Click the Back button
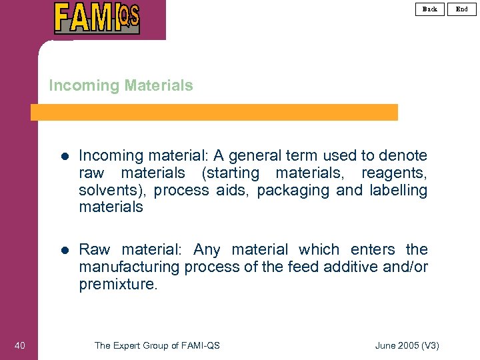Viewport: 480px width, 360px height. tap(430, 9)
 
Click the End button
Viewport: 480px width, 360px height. tap(462, 9)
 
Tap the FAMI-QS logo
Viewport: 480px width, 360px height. tap(97, 18)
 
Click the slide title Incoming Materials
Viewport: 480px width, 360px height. tap(121, 85)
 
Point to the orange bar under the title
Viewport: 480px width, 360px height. tap(214, 112)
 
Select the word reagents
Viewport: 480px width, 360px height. tap(394, 173)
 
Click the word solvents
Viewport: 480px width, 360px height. tap(112, 190)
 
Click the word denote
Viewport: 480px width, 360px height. tap(403, 155)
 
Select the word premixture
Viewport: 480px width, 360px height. tap(118, 284)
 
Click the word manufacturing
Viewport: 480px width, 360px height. tap(129, 267)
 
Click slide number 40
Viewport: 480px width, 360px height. tap(19, 345)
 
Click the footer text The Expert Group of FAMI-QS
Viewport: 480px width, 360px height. tap(157, 345)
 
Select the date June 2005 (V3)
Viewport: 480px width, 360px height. tap(407, 345)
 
